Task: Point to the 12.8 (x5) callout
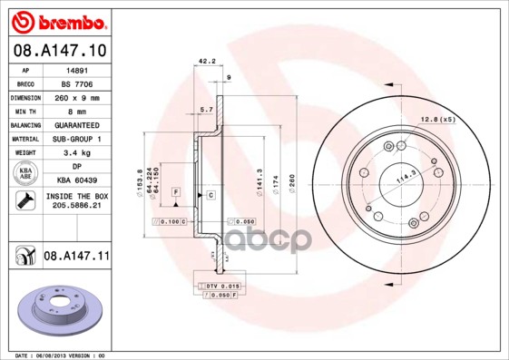pyautogui.click(x=437, y=119)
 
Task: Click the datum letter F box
pyautogui.click(x=175, y=192)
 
